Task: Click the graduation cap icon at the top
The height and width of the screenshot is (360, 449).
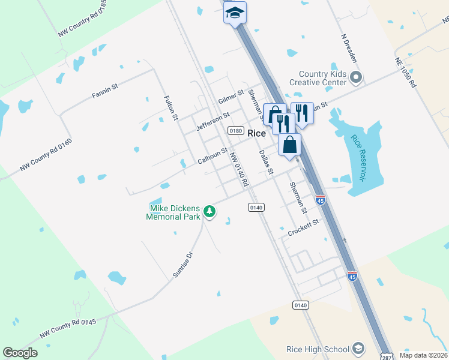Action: pos(235,12)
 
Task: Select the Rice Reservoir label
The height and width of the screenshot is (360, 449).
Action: pos(358,158)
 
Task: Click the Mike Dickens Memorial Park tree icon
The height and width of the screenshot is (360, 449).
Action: pos(209,211)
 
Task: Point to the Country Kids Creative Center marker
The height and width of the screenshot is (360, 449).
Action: pos(356,77)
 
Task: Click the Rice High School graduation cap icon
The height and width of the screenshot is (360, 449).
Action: pos(358,349)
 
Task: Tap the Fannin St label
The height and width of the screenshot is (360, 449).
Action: pos(105,91)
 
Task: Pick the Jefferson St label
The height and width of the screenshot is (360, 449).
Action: pos(213,122)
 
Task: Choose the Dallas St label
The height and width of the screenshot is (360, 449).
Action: pos(266,161)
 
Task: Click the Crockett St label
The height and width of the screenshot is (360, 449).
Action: pos(303,229)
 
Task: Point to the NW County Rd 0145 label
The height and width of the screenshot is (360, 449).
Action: pos(68,328)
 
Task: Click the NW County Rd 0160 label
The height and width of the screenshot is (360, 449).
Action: pos(46,155)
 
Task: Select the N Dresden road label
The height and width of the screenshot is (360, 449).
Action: pos(349,47)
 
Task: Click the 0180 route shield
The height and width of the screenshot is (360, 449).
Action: pos(236,131)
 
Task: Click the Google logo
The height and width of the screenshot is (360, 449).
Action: pos(20,353)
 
